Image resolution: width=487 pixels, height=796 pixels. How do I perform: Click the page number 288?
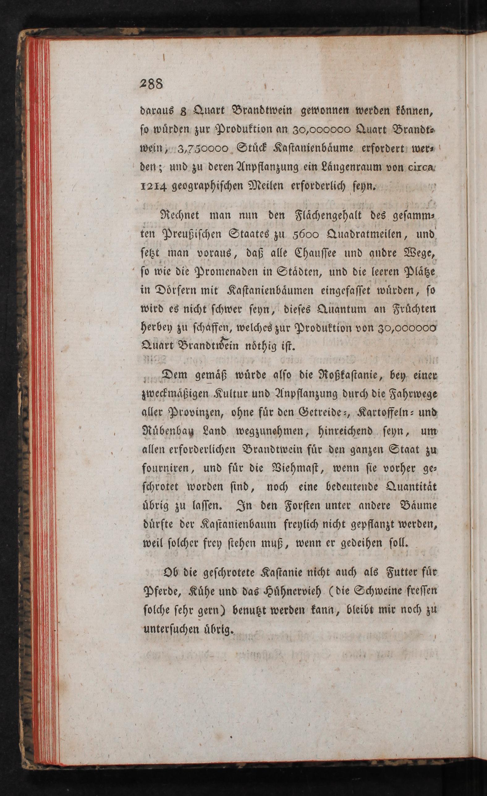pos(152,85)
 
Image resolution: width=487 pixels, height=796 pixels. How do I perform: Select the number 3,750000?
pos(203,149)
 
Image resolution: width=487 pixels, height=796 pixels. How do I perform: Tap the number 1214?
pos(154,187)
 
